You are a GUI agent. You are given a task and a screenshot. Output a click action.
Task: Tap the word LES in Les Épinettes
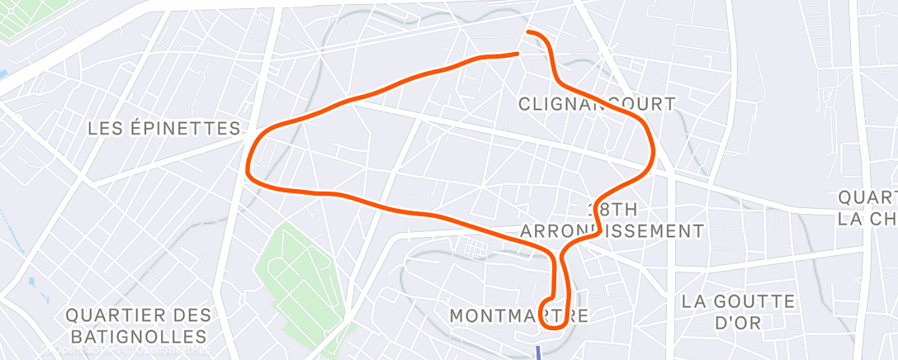(x=106, y=128)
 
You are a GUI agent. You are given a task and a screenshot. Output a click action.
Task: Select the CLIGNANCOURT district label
(x=596, y=104)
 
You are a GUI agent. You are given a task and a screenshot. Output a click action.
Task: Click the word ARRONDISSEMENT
(x=612, y=230)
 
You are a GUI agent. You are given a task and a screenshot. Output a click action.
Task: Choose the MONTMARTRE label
(x=520, y=315)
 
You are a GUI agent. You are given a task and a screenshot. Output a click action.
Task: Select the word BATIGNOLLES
(x=139, y=337)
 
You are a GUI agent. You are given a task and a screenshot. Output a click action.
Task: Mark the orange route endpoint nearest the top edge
(x=528, y=32)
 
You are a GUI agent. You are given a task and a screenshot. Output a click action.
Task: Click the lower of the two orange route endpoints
(x=518, y=54)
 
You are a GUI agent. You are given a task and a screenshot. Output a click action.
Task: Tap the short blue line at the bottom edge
(x=539, y=353)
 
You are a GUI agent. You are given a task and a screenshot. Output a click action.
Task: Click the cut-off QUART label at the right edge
(x=867, y=198)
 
